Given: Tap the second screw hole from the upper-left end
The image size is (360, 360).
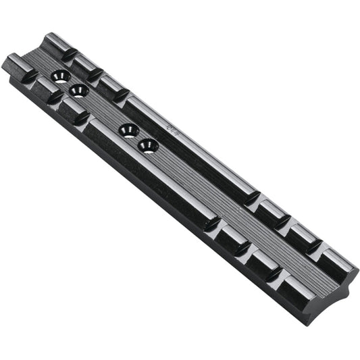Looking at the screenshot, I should tap(79, 91).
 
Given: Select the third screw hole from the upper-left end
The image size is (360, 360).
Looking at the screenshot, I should tap(128, 130).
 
